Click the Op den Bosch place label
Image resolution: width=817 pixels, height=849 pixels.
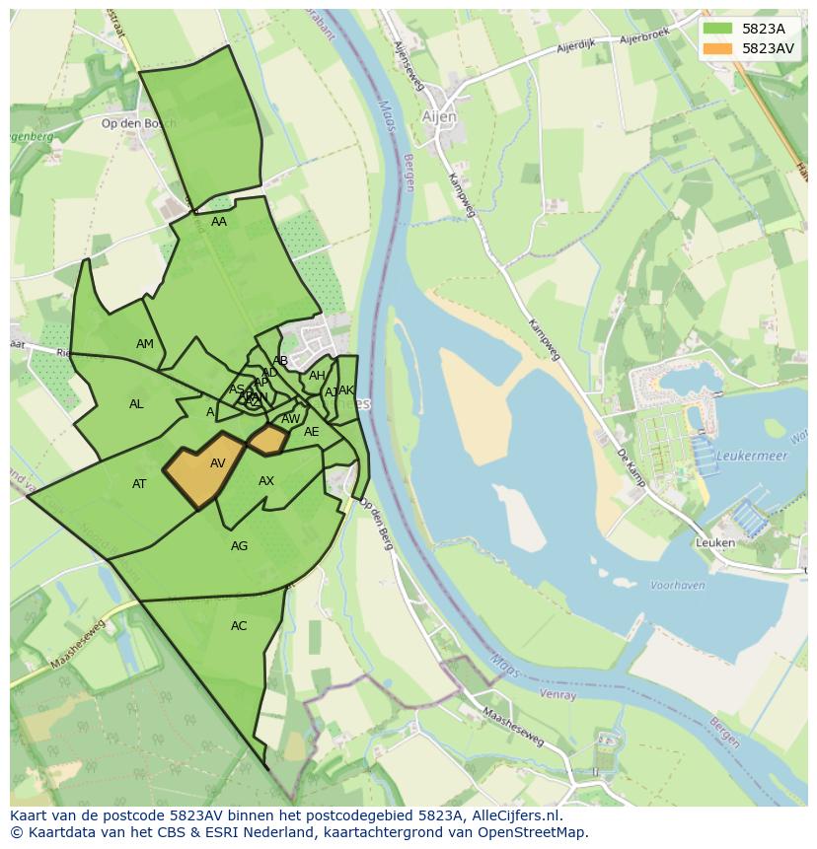[138, 123]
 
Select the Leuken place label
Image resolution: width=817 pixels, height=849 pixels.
[715, 542]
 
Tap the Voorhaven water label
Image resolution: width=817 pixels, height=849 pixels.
[678, 585]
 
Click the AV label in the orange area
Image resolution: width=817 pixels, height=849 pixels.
[218, 463]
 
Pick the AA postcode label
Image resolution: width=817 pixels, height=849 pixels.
[219, 222]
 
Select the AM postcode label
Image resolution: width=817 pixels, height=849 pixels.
[145, 344]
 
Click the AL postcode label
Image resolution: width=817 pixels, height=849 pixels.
[136, 404]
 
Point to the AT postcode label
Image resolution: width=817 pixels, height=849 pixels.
[139, 484]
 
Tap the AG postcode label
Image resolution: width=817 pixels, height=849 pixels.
[239, 546]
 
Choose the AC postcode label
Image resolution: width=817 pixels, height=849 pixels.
[239, 626]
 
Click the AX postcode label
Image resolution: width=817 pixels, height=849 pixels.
[266, 481]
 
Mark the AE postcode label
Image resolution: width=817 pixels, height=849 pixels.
[312, 432]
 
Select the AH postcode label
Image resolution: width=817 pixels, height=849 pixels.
[317, 376]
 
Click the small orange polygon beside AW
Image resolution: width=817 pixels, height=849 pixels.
[267, 440]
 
